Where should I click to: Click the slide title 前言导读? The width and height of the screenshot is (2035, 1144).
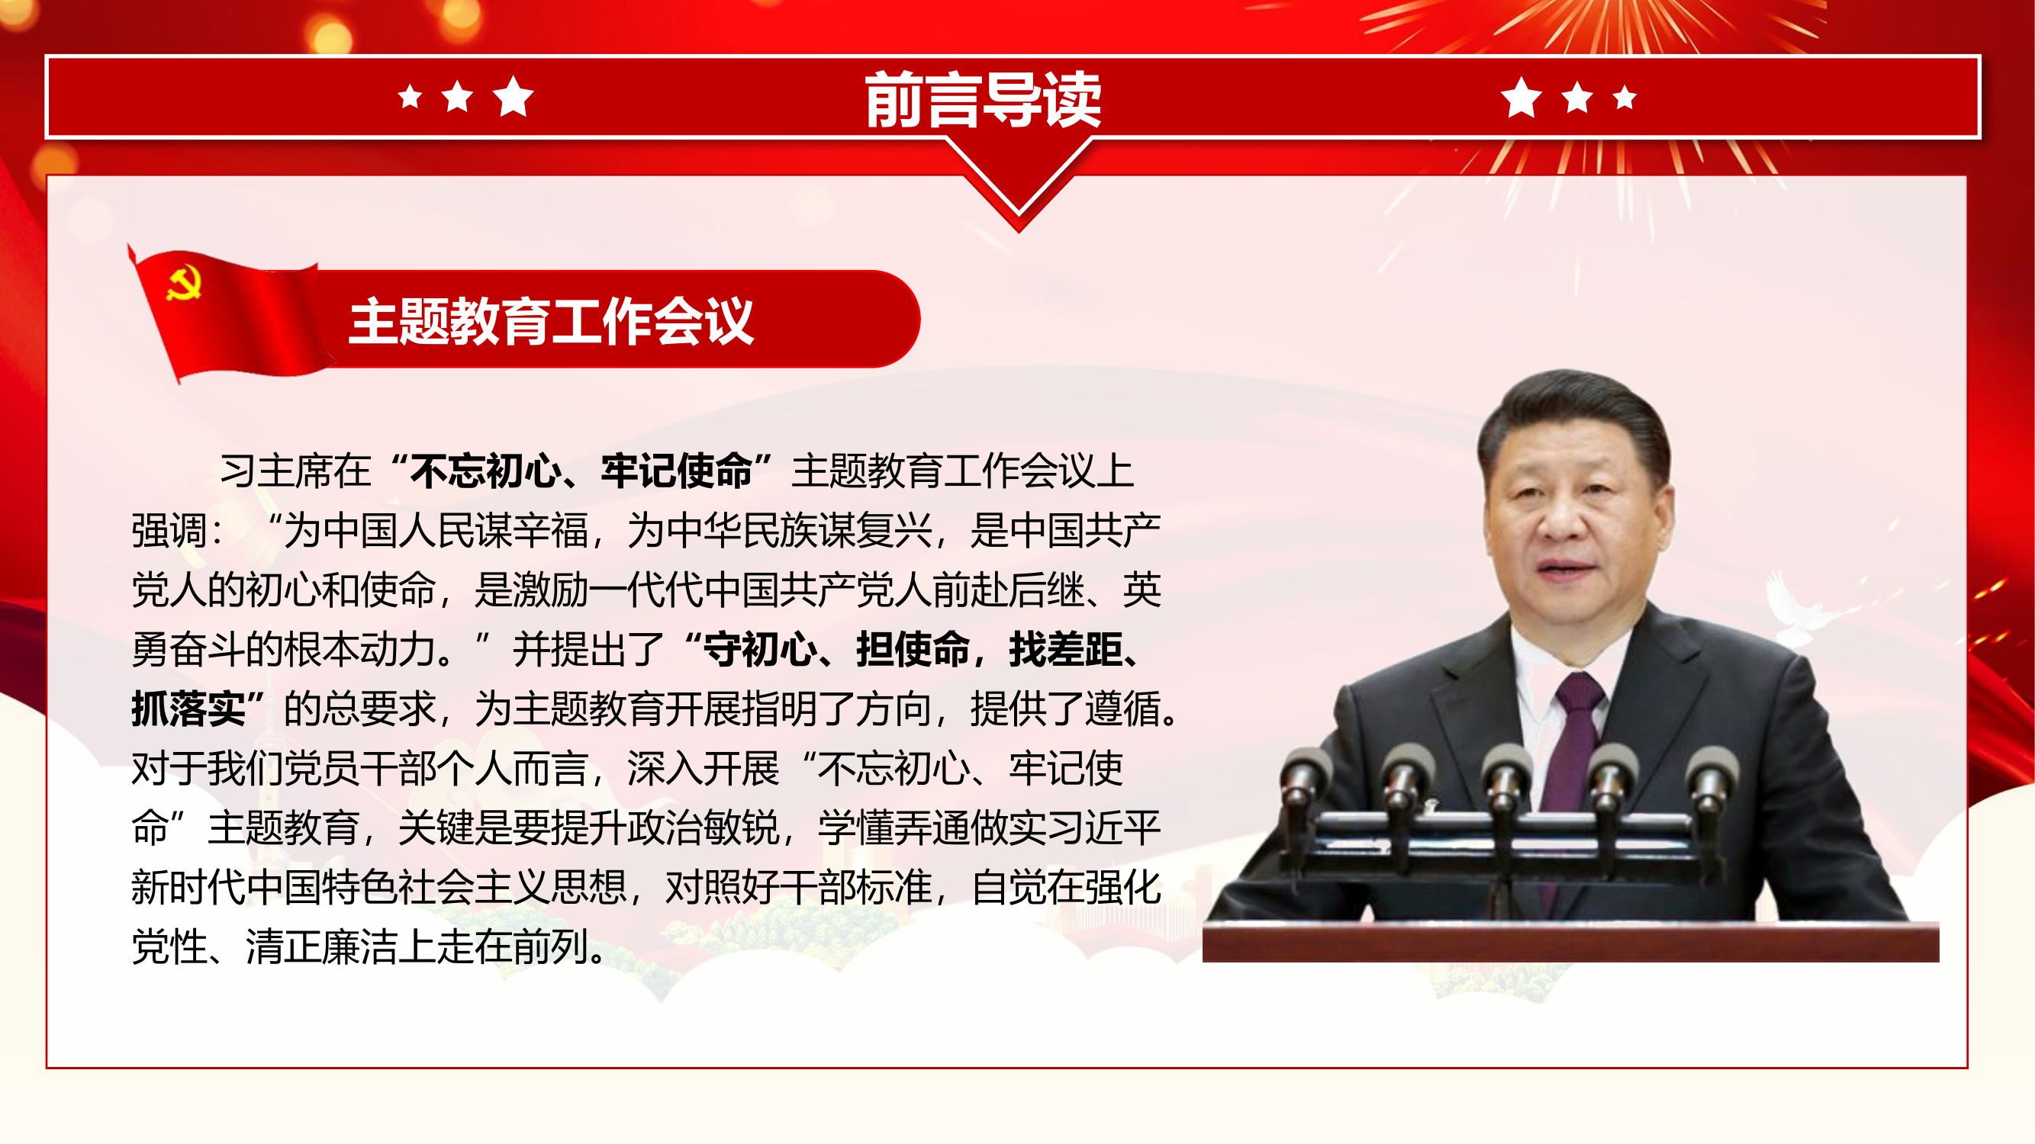pyautogui.click(x=983, y=99)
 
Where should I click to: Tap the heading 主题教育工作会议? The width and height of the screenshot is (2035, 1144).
pyautogui.click(x=552, y=321)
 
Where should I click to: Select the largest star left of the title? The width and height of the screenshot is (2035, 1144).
pyautogui.click(x=514, y=96)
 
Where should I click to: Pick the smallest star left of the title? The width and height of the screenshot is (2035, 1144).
pyautogui.click(x=410, y=97)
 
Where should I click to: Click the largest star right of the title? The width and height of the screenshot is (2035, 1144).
pyautogui.click(x=1521, y=98)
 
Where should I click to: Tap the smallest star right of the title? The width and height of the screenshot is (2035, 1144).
pyautogui.click(x=1625, y=97)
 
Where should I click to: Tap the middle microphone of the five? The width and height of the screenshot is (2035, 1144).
pyautogui.click(x=1506, y=773)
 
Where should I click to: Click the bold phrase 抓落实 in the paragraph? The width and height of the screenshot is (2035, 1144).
pyautogui.click(x=188, y=709)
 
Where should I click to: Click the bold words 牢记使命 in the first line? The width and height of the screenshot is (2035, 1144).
pyautogui.click(x=676, y=471)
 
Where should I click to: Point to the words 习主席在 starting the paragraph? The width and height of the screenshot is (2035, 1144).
pyautogui.click(x=295, y=471)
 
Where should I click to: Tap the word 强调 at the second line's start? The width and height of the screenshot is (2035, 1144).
pyautogui.click(x=169, y=531)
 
